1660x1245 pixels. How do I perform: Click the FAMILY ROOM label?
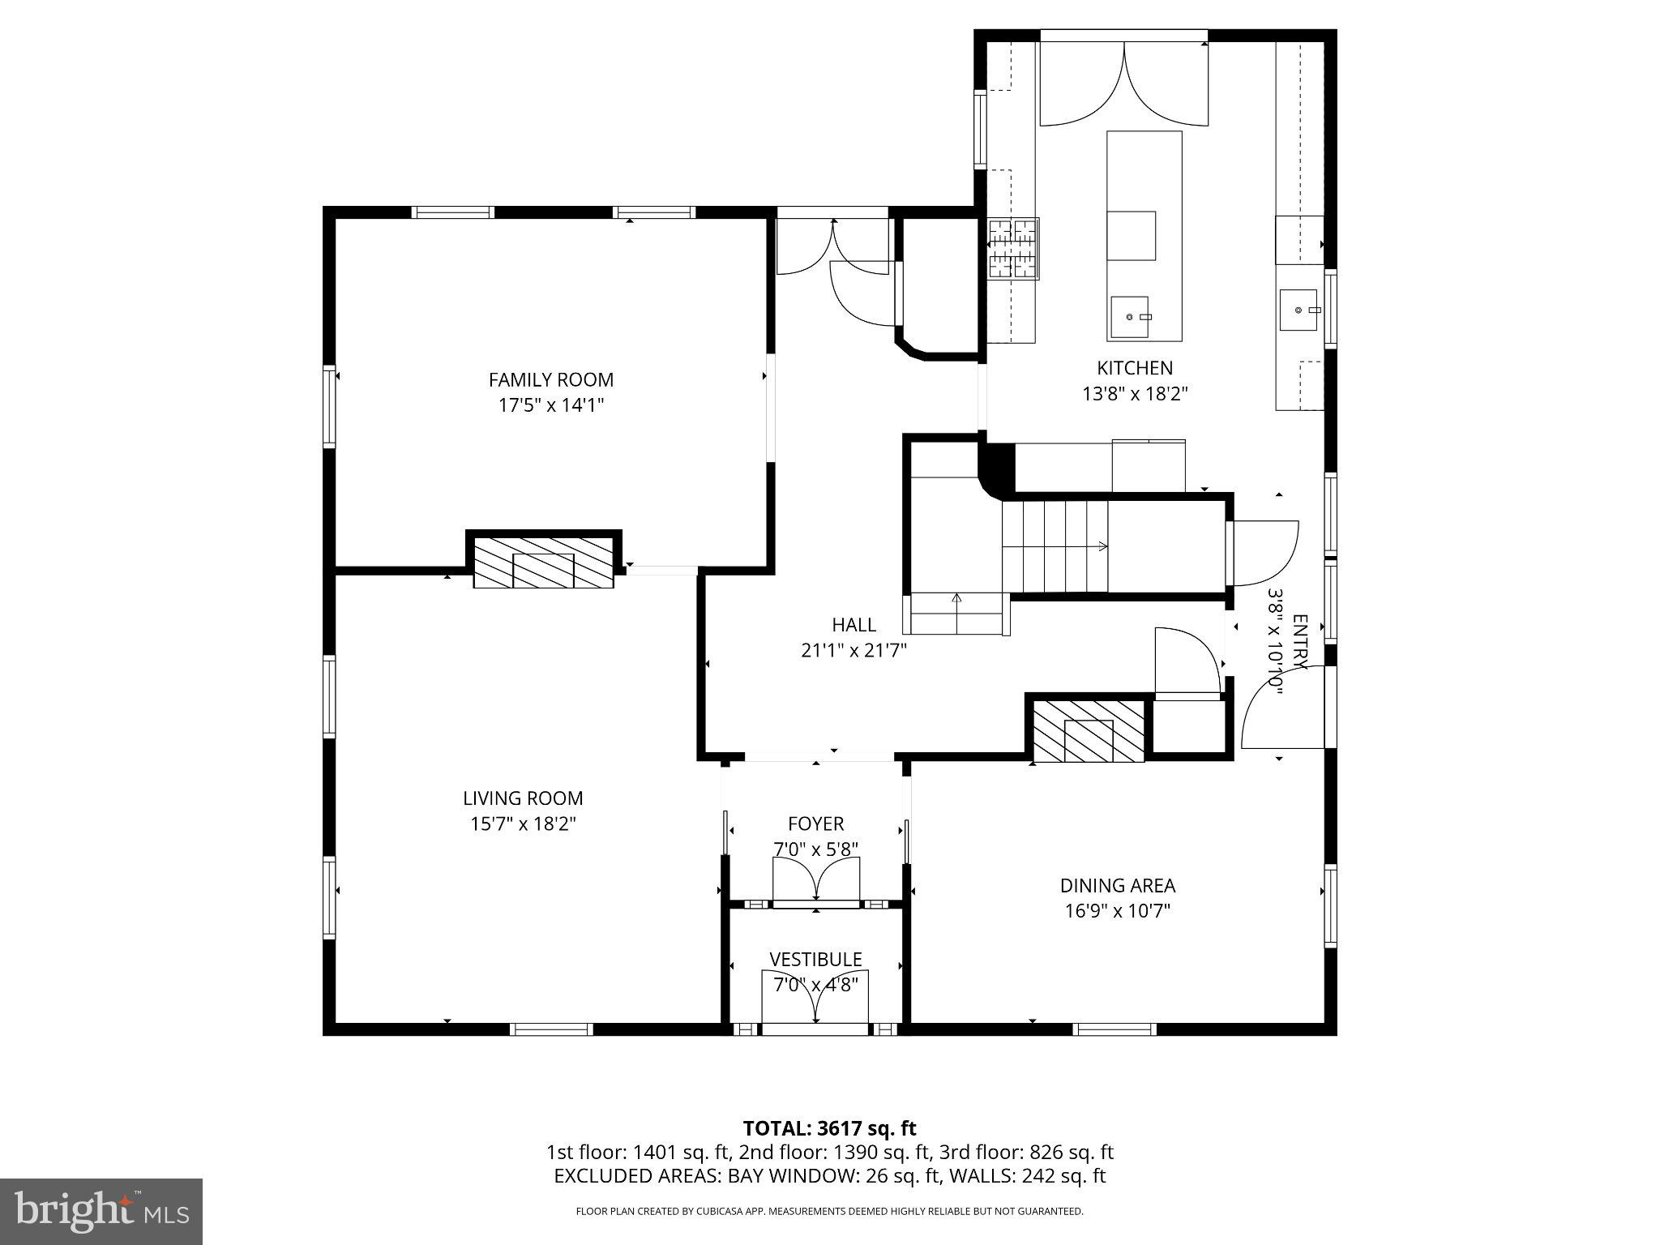[551, 379]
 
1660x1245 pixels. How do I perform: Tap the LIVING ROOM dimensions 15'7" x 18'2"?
[523, 824]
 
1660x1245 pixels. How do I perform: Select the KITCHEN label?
[1135, 368]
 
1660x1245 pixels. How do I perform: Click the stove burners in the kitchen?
[1013, 249]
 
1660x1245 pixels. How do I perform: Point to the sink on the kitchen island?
[1130, 317]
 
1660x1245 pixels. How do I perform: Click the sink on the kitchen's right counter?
[1298, 310]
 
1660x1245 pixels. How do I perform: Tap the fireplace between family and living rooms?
[543, 562]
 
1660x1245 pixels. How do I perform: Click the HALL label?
[854, 624]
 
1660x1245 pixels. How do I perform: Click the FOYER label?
[815, 824]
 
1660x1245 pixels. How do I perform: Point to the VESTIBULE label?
[815, 960]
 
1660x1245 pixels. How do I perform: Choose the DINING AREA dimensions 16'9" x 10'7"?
[1117, 911]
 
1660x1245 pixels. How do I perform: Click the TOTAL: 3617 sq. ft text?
[829, 1128]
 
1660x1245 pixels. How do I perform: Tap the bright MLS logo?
[101, 1211]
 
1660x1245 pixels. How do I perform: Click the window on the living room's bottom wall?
[551, 1029]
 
